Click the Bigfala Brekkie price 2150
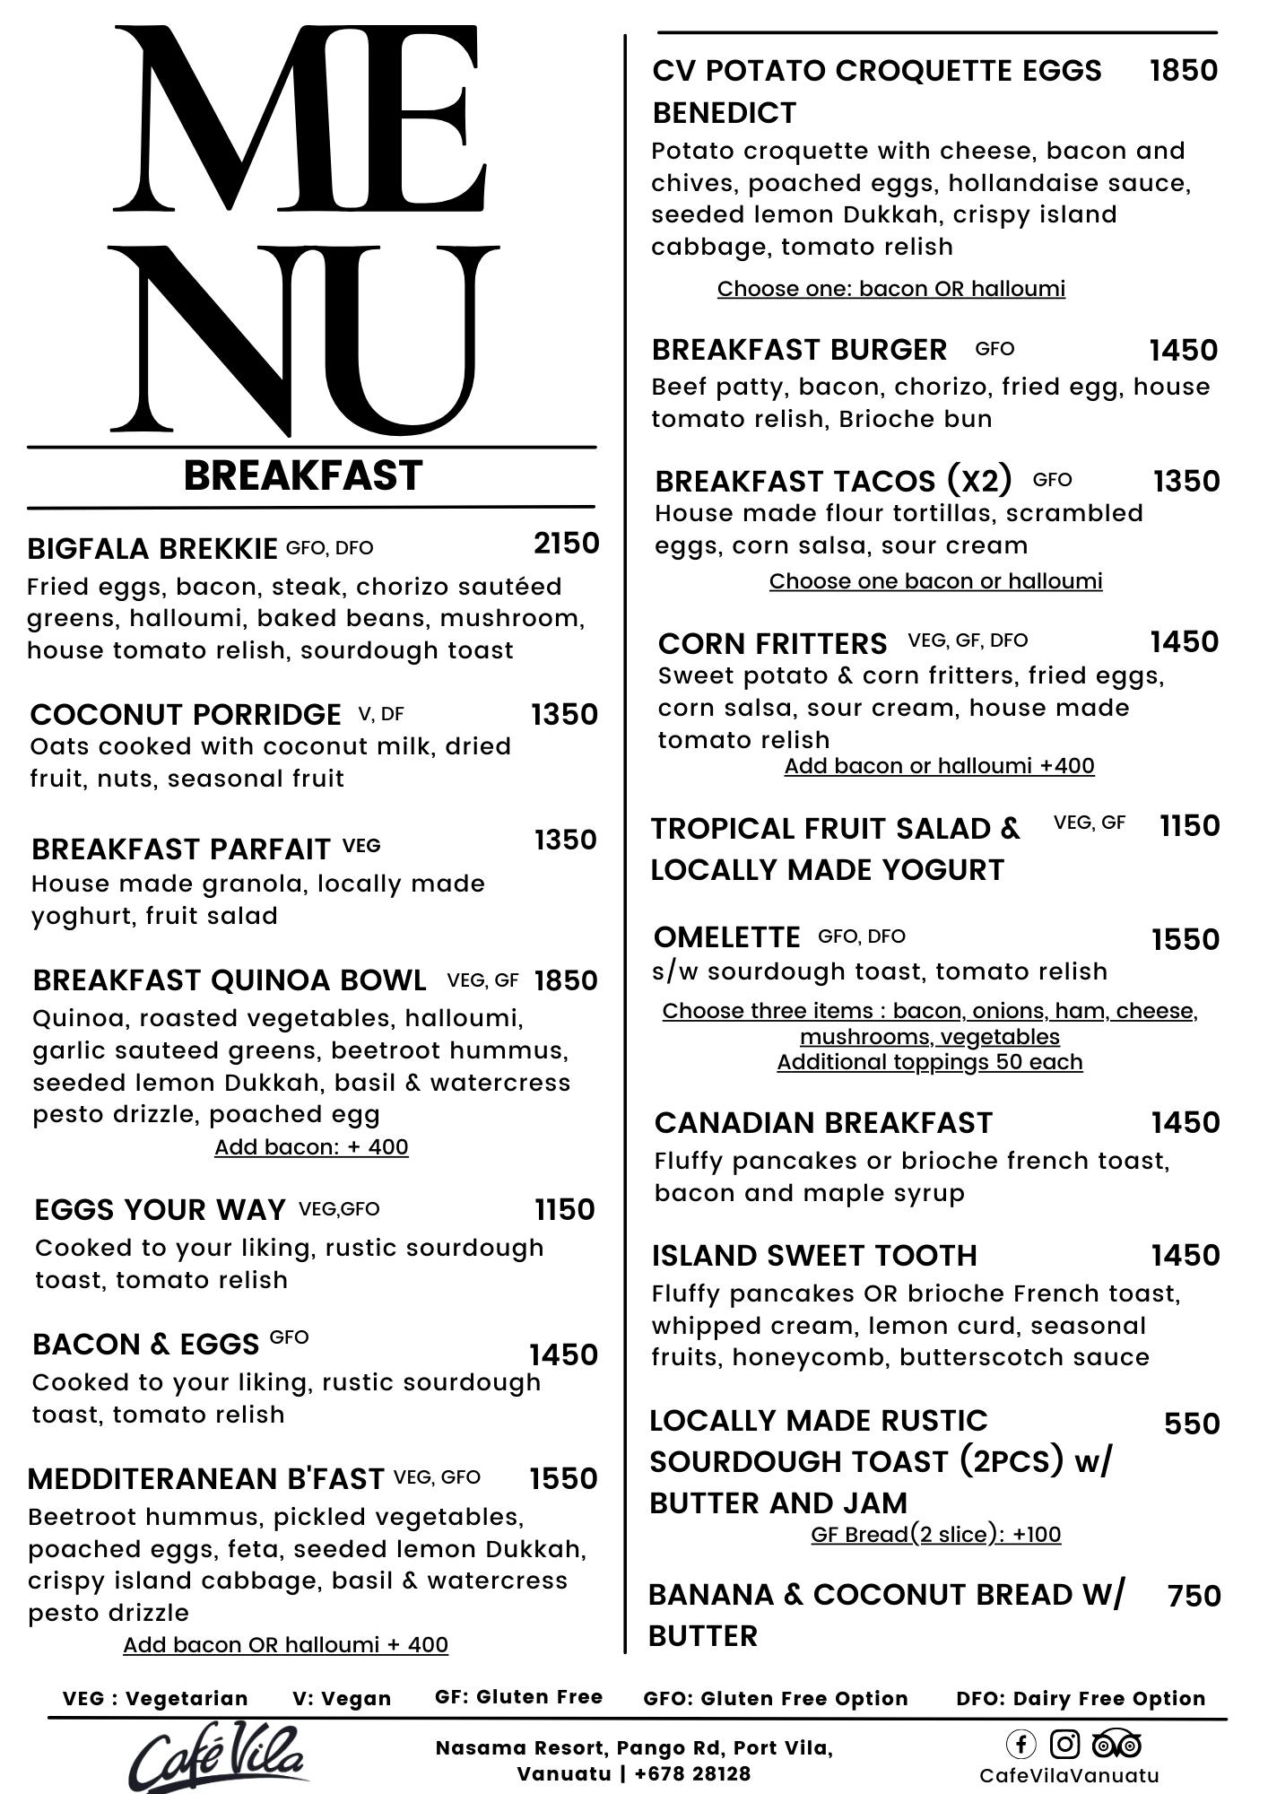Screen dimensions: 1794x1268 coord(566,544)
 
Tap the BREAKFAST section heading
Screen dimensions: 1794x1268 coord(303,476)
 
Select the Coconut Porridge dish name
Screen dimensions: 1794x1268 coord(186,715)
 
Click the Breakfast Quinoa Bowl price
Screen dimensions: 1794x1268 coord(566,980)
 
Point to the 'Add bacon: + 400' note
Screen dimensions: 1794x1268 coord(311,1147)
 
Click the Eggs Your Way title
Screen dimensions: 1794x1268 coord(160,1210)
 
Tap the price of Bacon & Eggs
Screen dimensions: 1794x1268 coord(563,1354)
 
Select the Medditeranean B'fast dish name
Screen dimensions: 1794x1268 coord(206,1479)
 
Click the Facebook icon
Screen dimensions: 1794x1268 coord(1020,1745)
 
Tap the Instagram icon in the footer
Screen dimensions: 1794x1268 coord(1064,1745)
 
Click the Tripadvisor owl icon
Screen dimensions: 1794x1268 coord(1116,1745)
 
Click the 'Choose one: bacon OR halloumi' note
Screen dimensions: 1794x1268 coord(891,289)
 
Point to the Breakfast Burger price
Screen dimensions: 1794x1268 coord(1184,351)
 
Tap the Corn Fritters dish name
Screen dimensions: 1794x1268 coord(772,644)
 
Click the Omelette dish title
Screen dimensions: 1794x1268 coord(727,937)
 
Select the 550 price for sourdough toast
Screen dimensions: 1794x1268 coord(1192,1424)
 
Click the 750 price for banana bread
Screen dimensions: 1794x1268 coord(1194,1596)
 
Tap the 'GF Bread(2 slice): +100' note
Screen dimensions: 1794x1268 coord(935,1535)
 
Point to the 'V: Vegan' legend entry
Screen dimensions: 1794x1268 coord(342,1699)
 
